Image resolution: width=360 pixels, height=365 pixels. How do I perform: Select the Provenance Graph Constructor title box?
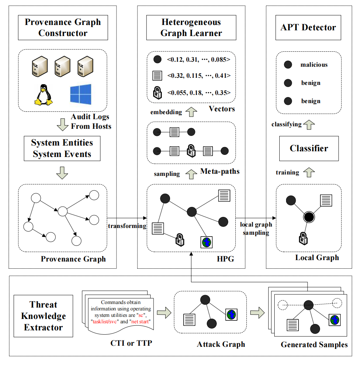click(63, 28)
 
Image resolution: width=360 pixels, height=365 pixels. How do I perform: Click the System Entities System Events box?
click(62, 149)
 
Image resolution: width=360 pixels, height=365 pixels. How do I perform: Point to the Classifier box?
click(309, 148)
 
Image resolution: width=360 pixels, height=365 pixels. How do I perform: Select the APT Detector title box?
click(309, 28)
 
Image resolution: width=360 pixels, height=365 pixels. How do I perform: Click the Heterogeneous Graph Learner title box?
click(191, 28)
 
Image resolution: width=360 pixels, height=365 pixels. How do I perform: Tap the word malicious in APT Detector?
click(314, 65)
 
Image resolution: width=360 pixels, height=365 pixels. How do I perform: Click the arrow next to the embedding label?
click(192, 112)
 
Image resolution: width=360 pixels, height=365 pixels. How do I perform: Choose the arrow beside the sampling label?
click(191, 174)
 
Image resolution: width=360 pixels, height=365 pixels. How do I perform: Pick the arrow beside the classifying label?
click(309, 124)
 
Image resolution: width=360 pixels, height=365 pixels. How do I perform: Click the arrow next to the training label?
click(309, 172)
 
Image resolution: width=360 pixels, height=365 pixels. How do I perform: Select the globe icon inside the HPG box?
click(206, 242)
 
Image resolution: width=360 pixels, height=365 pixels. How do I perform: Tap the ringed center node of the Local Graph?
click(309, 217)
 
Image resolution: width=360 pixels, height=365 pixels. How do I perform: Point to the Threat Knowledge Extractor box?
click(43, 316)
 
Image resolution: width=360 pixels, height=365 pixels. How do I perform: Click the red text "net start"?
click(140, 322)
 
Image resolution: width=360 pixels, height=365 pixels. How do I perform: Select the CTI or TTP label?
click(131, 344)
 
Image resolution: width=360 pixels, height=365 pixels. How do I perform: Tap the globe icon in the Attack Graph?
click(231, 315)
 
